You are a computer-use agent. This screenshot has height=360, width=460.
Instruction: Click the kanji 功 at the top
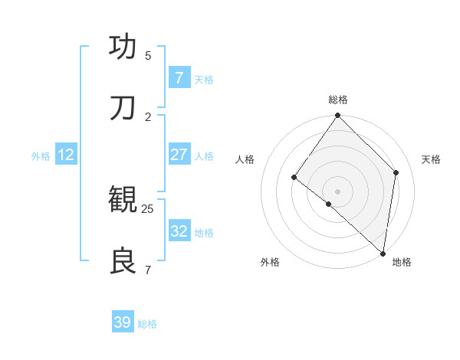tap(123, 47)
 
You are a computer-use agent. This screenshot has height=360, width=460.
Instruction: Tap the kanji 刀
tap(123, 108)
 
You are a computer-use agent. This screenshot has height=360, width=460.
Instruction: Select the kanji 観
tap(123, 200)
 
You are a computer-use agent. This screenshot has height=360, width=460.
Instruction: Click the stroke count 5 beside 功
tap(148, 55)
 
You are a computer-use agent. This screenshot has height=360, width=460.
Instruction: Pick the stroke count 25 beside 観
tap(148, 208)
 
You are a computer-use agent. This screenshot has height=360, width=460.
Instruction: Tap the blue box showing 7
tap(179, 78)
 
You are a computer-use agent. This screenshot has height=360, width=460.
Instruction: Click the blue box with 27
tap(179, 155)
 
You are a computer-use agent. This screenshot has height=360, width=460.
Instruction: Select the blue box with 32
tap(179, 231)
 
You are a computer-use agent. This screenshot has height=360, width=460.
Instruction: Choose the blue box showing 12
tap(66, 155)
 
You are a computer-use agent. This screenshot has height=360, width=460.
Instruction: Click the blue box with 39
tap(123, 322)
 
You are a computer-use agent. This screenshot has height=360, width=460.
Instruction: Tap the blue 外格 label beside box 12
tap(41, 156)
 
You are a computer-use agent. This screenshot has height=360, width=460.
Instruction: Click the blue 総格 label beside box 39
tap(147, 324)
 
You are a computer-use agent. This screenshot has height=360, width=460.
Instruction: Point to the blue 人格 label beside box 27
tap(204, 156)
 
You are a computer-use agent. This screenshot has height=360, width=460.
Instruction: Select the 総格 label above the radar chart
tap(338, 100)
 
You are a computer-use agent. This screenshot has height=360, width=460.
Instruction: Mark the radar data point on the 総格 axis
tap(338, 116)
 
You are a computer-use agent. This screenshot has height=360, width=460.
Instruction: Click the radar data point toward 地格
tap(383, 253)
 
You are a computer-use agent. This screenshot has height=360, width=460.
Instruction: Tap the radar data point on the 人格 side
tap(294, 177)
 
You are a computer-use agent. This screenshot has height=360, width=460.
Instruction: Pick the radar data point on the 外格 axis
tap(329, 204)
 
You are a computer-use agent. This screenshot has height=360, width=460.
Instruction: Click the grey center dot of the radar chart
tap(338, 191)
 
